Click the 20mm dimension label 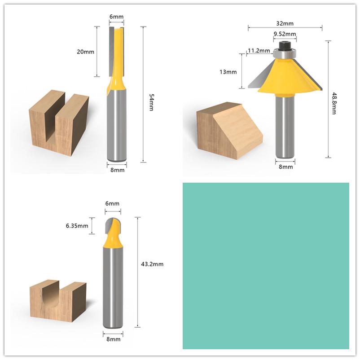coord(85,51)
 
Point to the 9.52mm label coord(285,34)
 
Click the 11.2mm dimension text coord(259,50)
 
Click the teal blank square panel coord(266,265)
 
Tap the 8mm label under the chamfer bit coord(285,167)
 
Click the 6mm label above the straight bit coord(116,17)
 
